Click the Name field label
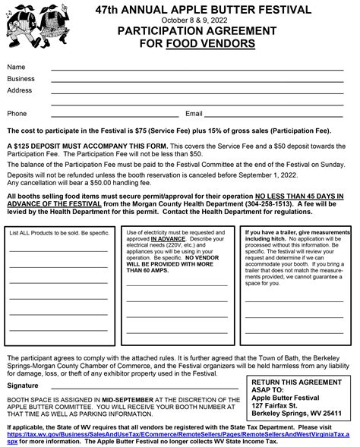[x=16, y=68]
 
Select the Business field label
[x=21, y=78]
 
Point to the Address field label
[x=20, y=90]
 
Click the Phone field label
[x=17, y=113]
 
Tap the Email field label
[x=194, y=113]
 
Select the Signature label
[x=22, y=386]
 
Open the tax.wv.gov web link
[x=182, y=432]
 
